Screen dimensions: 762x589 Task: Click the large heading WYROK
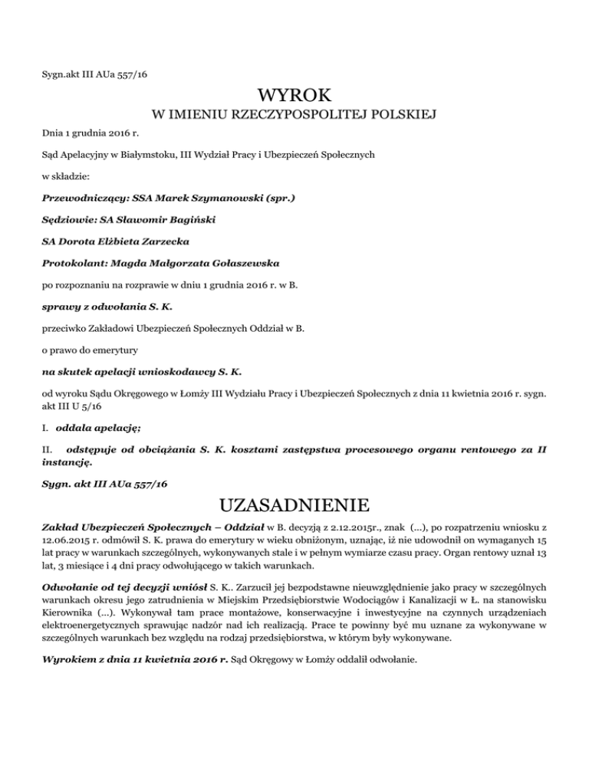294,96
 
